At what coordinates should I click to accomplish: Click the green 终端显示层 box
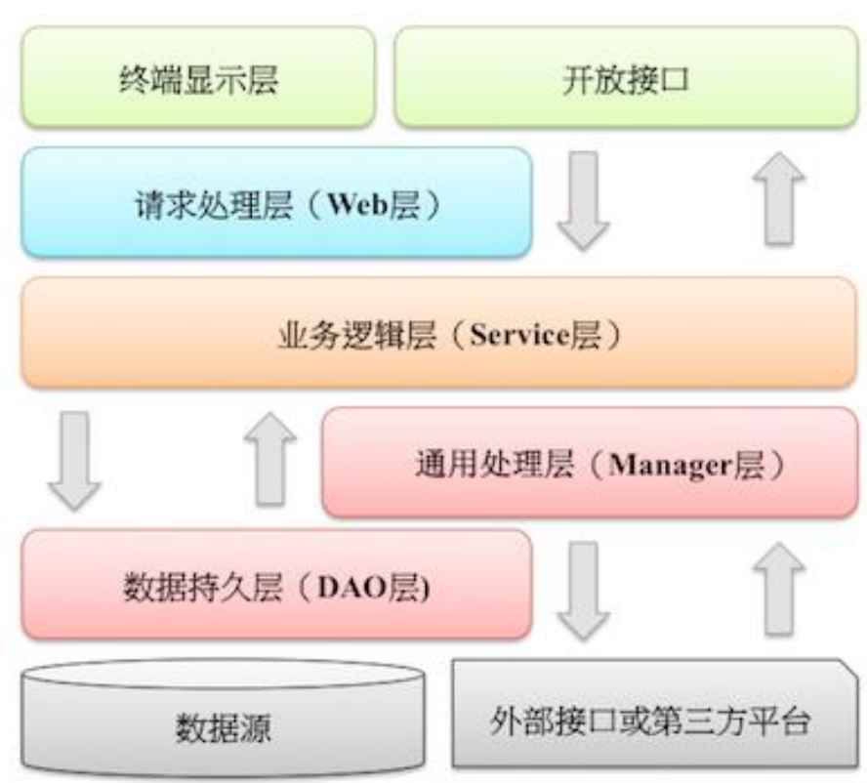pos(198,78)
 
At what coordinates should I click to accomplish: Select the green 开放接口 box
pos(626,78)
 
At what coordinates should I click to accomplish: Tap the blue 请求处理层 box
pos(276,203)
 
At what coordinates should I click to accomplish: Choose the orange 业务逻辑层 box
pos(438,333)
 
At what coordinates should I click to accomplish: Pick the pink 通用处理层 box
pos(590,463)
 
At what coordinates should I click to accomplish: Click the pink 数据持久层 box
pos(276,587)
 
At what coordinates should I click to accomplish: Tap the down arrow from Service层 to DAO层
pos(74,459)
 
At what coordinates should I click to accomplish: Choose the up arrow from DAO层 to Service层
pos(269,459)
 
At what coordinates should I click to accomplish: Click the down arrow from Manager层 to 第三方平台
pos(583,590)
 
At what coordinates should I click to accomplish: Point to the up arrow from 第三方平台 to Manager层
pos(778,590)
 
